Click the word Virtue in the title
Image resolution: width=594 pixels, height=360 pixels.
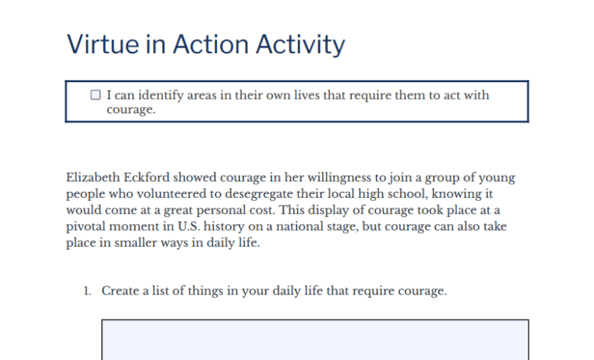click(x=103, y=44)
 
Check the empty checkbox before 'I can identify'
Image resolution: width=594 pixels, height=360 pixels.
click(x=95, y=94)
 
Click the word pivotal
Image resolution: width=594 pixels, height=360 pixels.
click(x=85, y=227)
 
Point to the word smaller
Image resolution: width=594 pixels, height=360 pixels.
click(x=136, y=242)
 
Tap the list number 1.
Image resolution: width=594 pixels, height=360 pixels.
click(x=87, y=291)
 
